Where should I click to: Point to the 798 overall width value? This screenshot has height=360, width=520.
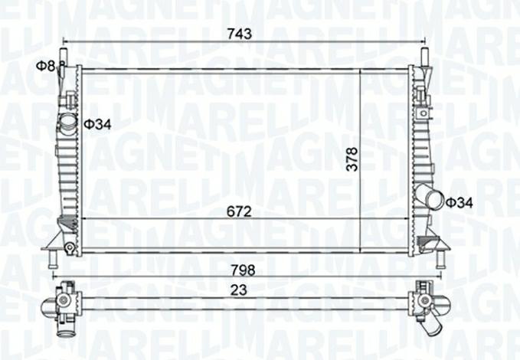tap(244, 270)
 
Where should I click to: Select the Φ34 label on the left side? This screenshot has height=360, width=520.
tap(97, 124)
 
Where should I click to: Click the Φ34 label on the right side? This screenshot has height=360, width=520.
tap(459, 202)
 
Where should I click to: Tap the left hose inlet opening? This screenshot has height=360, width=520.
tap(67, 122)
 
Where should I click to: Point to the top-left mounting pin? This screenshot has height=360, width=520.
tap(64, 57)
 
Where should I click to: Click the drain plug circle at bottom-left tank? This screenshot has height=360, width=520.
tap(70, 247)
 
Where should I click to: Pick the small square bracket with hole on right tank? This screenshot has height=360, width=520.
tap(420, 95)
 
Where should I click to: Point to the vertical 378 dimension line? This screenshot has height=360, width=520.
tap(360, 146)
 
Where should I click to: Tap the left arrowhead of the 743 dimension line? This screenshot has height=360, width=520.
tap(67, 41)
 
